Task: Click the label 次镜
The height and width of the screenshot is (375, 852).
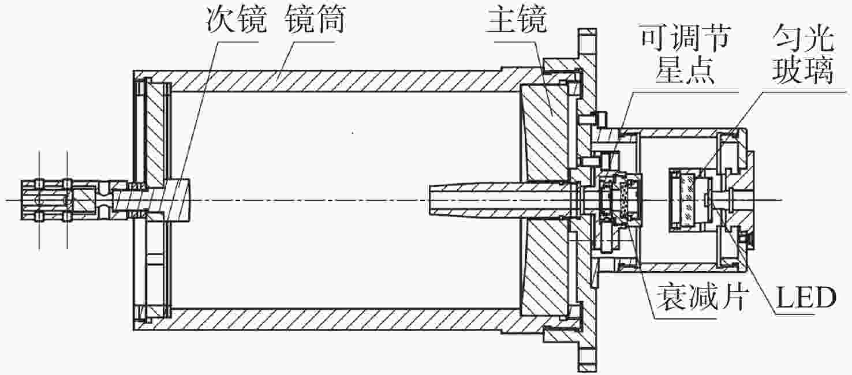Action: pyautogui.click(x=236, y=20)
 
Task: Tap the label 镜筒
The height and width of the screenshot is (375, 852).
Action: pyautogui.click(x=315, y=20)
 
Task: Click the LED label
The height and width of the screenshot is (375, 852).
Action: pyautogui.click(x=806, y=298)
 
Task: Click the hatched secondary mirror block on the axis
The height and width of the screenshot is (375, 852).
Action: pyautogui.click(x=177, y=200)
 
